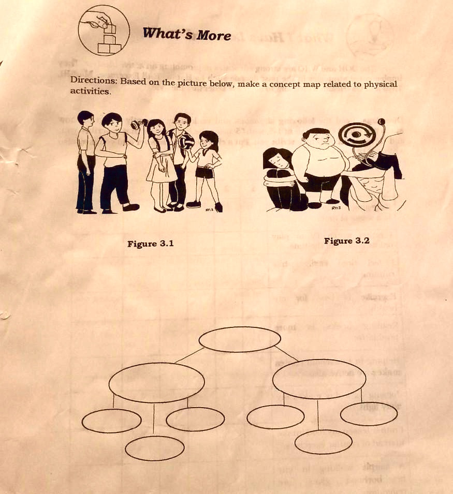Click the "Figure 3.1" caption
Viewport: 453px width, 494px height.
point(150,244)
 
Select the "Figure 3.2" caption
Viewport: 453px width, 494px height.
point(346,241)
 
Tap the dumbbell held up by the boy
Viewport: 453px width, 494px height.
point(138,125)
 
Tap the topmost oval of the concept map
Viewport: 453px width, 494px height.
point(240,339)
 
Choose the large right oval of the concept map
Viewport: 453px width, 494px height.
point(319,379)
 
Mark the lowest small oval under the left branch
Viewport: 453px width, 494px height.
point(154,448)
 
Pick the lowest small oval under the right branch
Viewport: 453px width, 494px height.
point(323,441)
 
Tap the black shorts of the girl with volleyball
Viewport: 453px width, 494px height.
point(205,173)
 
